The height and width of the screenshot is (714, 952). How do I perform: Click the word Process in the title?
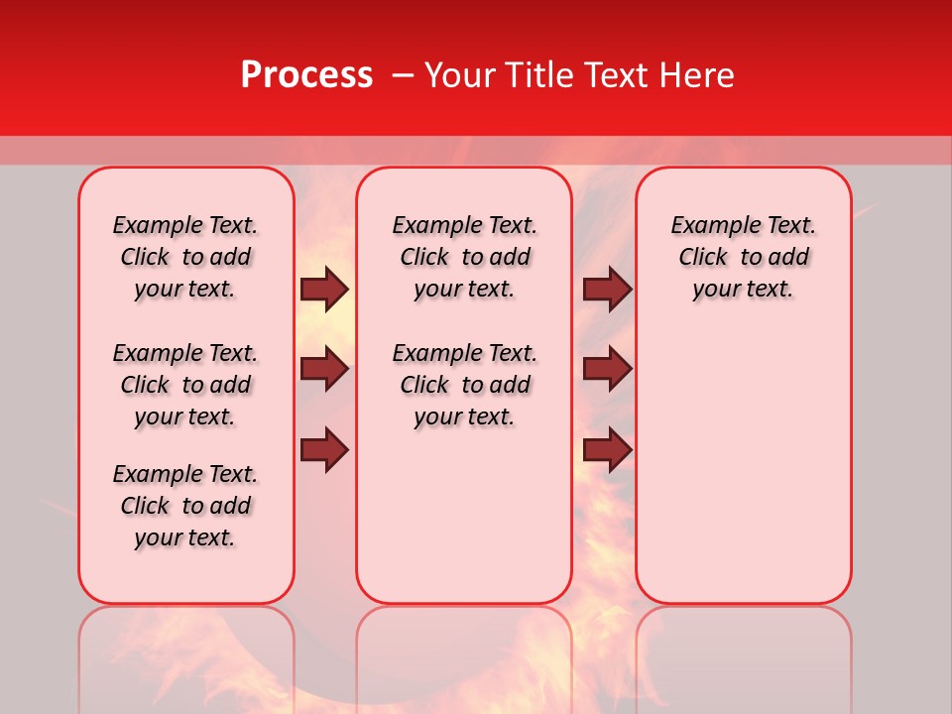pos(306,75)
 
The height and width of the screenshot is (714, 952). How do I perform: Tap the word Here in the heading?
pos(699,75)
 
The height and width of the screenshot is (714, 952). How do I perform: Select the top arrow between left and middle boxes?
pos(324,289)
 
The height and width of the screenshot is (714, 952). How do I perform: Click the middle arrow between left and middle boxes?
pos(324,369)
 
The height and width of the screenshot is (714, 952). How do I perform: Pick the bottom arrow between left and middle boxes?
pos(324,449)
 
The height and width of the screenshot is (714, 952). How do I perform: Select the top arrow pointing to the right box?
pos(607,289)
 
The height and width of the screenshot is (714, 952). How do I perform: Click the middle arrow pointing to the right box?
pos(607,369)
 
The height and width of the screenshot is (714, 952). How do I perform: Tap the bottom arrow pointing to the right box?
pos(607,449)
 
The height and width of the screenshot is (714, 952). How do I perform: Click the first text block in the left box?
pos(185,257)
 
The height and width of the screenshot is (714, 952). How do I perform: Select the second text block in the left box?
pos(185,385)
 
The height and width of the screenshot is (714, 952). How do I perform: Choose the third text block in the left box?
pos(185,506)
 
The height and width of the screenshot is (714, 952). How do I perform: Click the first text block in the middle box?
pos(465,257)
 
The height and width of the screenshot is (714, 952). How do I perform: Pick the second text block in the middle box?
pos(465,385)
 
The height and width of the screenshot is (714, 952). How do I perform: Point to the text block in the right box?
pos(744,257)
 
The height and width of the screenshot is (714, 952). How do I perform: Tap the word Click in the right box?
pos(703,258)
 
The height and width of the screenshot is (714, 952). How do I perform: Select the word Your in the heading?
pos(460,75)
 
